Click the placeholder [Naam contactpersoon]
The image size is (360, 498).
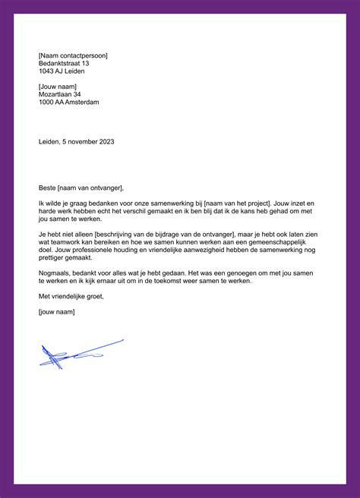tap(73, 55)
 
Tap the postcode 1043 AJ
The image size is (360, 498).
tap(52, 72)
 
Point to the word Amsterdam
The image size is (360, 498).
tap(83, 102)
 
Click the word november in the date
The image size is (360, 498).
tap(81, 140)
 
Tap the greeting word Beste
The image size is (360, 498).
tap(47, 188)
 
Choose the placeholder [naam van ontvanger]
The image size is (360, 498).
tap(90, 188)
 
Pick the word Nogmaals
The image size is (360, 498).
tap(56, 273)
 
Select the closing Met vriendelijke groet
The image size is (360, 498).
tap(71, 296)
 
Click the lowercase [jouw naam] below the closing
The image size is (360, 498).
tap(56, 311)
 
